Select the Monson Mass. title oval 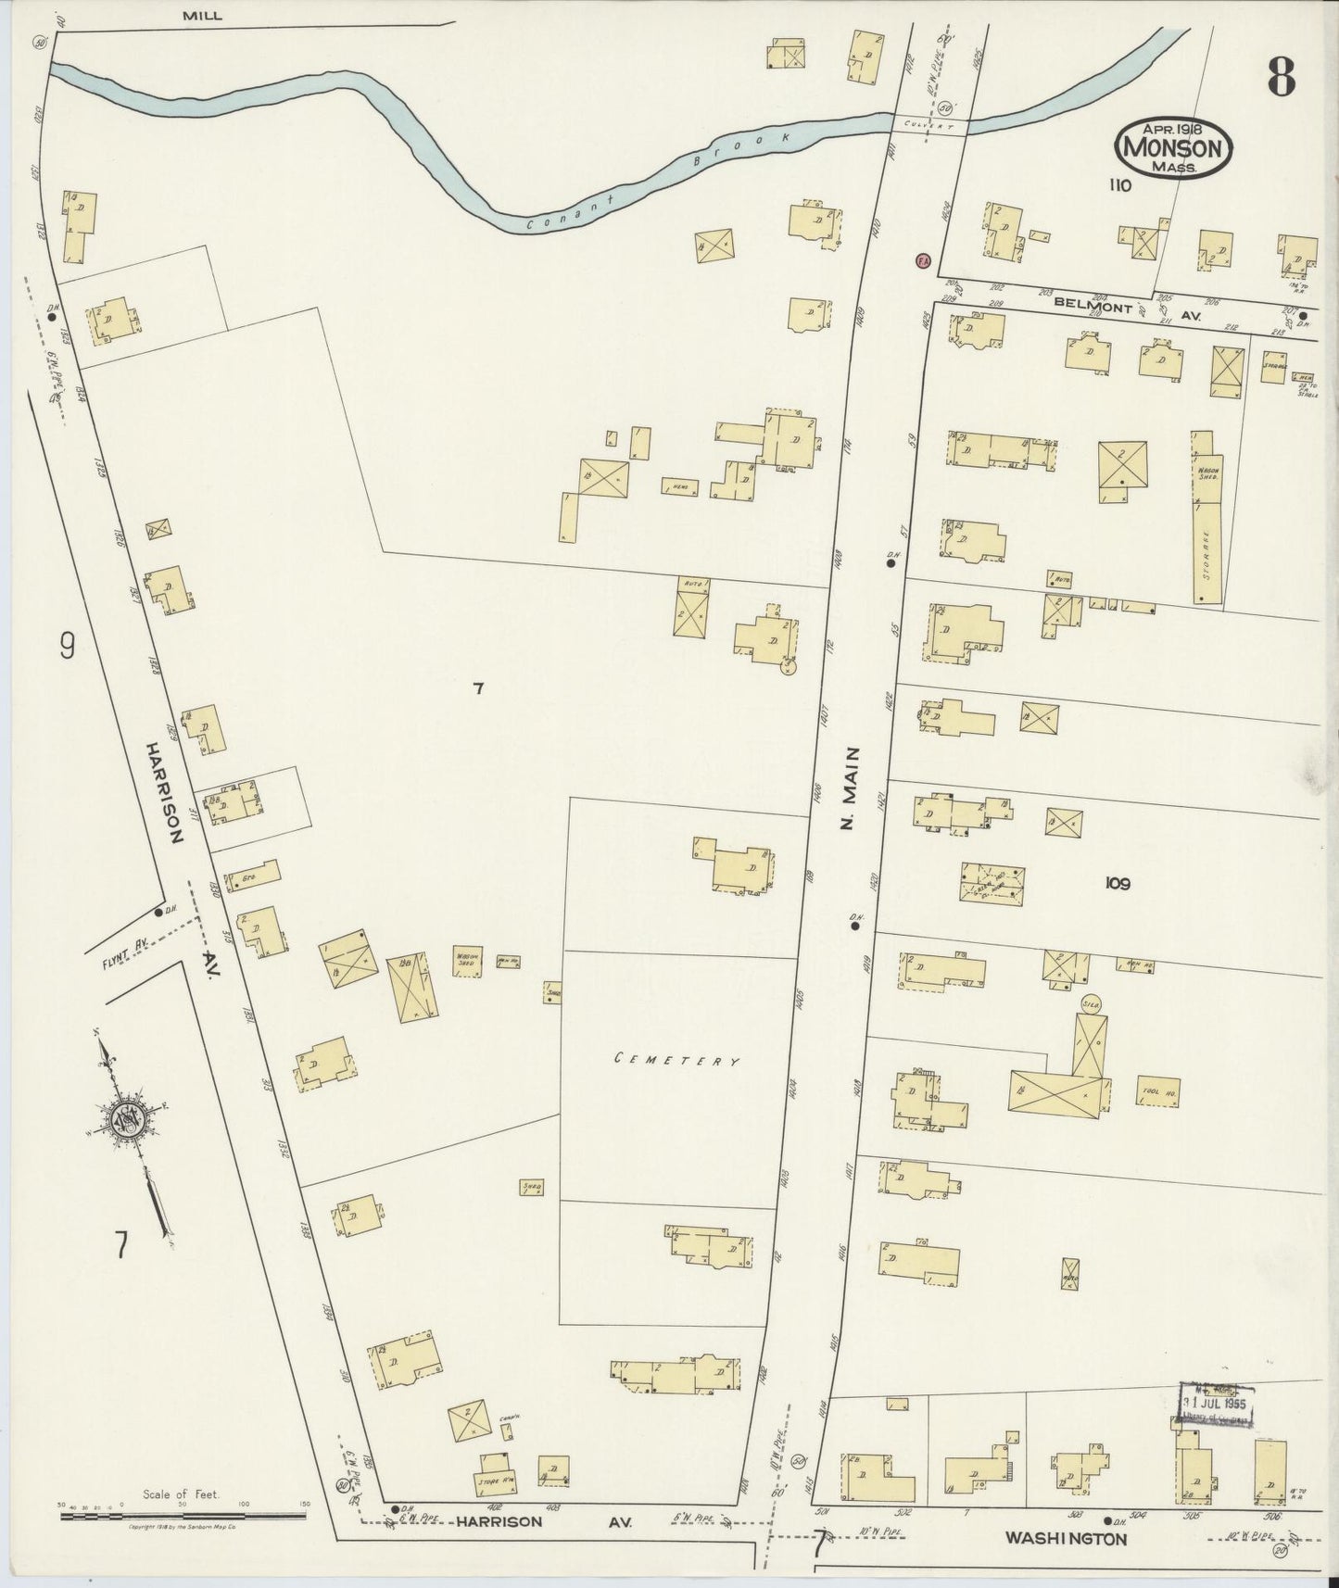(1175, 146)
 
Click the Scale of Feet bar (183, 1517)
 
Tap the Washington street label (1066, 1539)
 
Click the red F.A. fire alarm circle (922, 261)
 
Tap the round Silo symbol (1091, 1003)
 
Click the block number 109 (1117, 884)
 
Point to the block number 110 (1119, 185)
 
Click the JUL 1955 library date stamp (1217, 1405)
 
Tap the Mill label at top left (202, 16)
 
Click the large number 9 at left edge (67, 645)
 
